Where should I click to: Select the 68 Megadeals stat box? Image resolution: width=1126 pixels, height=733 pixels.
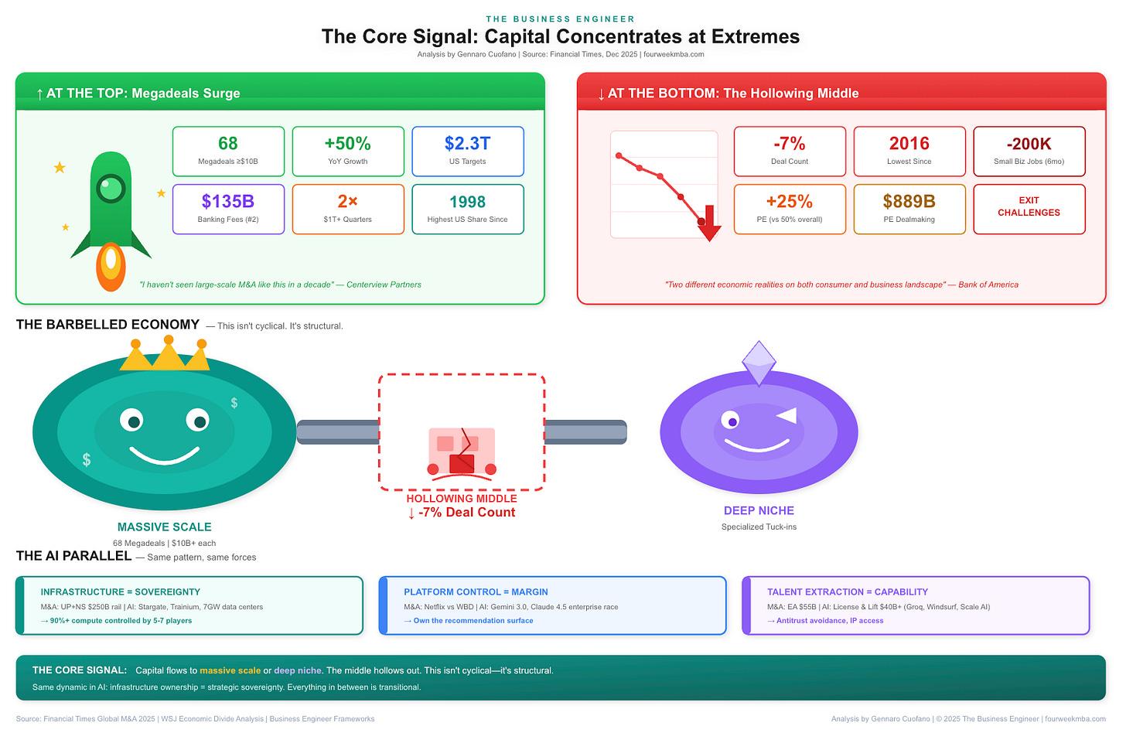[x=228, y=151]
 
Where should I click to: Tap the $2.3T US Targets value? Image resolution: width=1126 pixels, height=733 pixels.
[x=468, y=144]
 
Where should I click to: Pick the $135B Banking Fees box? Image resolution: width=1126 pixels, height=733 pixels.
[x=228, y=209]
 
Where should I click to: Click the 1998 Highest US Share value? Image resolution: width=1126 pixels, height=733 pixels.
[x=467, y=202]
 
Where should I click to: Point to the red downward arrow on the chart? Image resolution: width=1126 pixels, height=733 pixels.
[x=709, y=224]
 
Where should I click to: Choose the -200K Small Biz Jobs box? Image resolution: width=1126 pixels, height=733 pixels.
[x=1029, y=151]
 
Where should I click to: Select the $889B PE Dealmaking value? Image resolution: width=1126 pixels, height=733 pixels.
[x=909, y=202]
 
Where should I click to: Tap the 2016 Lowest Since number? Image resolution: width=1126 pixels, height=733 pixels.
[x=909, y=144]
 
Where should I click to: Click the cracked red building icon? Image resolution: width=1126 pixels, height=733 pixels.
[x=462, y=452]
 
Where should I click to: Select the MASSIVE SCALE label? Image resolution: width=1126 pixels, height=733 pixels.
[x=164, y=527]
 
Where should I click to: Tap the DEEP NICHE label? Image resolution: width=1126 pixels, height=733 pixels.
[x=759, y=511]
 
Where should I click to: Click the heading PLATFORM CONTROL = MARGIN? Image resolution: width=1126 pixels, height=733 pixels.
[x=476, y=592]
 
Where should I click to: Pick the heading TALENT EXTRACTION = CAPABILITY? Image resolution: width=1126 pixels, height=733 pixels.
[x=847, y=592]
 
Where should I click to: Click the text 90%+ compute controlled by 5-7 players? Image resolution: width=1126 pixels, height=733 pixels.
[x=120, y=621]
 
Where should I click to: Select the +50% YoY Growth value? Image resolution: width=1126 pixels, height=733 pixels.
[x=348, y=144]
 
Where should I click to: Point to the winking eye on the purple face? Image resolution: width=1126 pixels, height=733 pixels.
[x=786, y=416]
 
